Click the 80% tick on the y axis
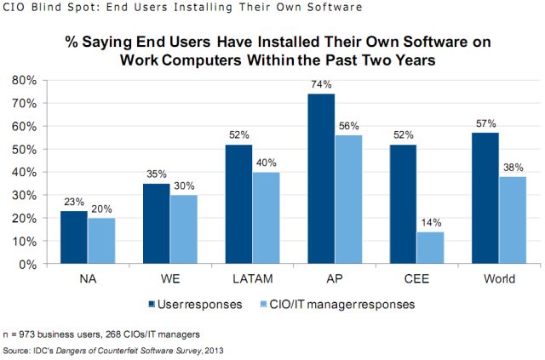tap(23, 80)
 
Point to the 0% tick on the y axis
tap(26, 264)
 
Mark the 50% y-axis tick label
tap(23, 149)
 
